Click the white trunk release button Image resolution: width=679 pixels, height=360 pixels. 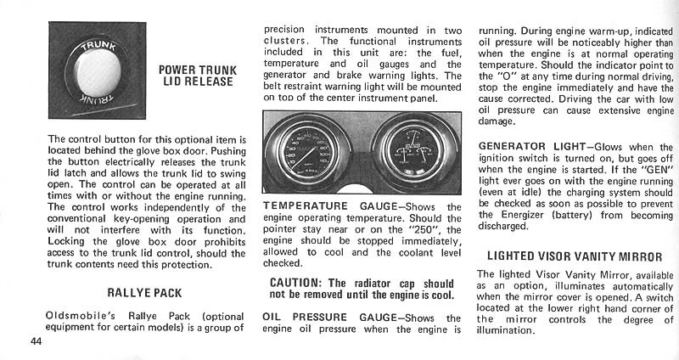(x=98, y=73)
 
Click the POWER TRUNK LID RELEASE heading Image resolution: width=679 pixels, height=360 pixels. (x=198, y=76)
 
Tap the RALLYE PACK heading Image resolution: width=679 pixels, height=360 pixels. (x=144, y=293)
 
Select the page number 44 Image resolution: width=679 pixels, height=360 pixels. (x=36, y=341)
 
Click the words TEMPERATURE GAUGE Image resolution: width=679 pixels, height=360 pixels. (x=330, y=206)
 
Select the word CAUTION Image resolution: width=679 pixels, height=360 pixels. (x=295, y=284)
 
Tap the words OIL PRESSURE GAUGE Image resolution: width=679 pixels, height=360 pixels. (x=329, y=318)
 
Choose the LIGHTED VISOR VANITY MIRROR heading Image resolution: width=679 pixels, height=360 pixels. (x=575, y=256)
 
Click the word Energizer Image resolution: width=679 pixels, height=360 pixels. (x=525, y=215)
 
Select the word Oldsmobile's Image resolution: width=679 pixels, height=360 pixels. (x=80, y=316)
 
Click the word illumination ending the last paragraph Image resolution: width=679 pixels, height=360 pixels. (x=506, y=331)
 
